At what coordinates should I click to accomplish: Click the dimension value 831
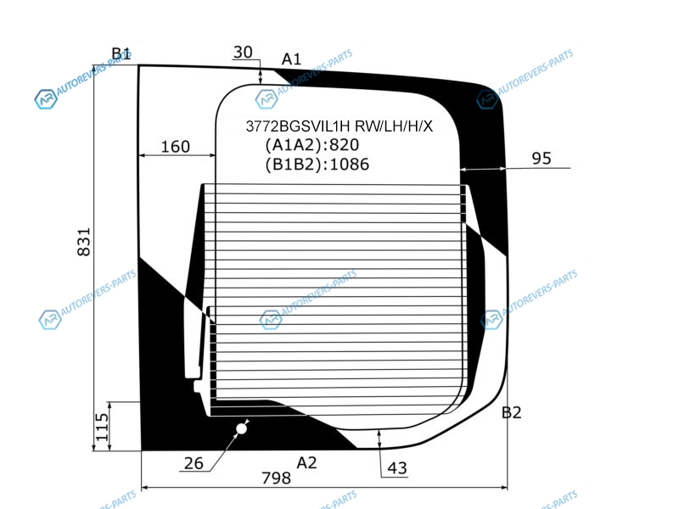83,242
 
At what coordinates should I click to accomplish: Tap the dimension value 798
277,478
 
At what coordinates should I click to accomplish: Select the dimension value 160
176,147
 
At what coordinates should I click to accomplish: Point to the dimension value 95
542,159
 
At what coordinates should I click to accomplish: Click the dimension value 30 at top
243,53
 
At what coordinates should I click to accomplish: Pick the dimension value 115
102,428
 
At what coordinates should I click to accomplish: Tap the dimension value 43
397,468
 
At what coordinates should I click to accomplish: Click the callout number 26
194,463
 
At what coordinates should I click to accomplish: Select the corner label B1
121,53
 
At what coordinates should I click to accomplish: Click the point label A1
291,59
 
